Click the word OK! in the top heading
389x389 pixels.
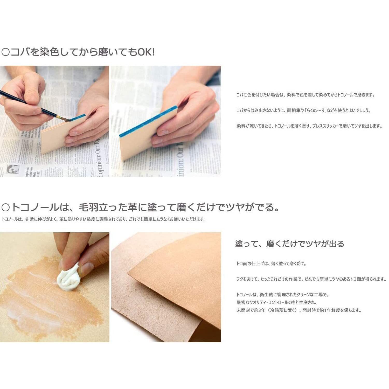146,52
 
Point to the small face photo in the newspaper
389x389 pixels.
13,169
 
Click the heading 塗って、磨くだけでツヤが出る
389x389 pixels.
289,244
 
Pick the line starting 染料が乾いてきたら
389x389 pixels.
309,126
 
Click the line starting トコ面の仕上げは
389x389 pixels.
271,264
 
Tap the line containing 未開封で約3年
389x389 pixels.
299,310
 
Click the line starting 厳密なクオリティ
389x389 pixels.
276,302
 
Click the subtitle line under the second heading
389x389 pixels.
104,219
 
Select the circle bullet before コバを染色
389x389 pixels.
5,52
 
